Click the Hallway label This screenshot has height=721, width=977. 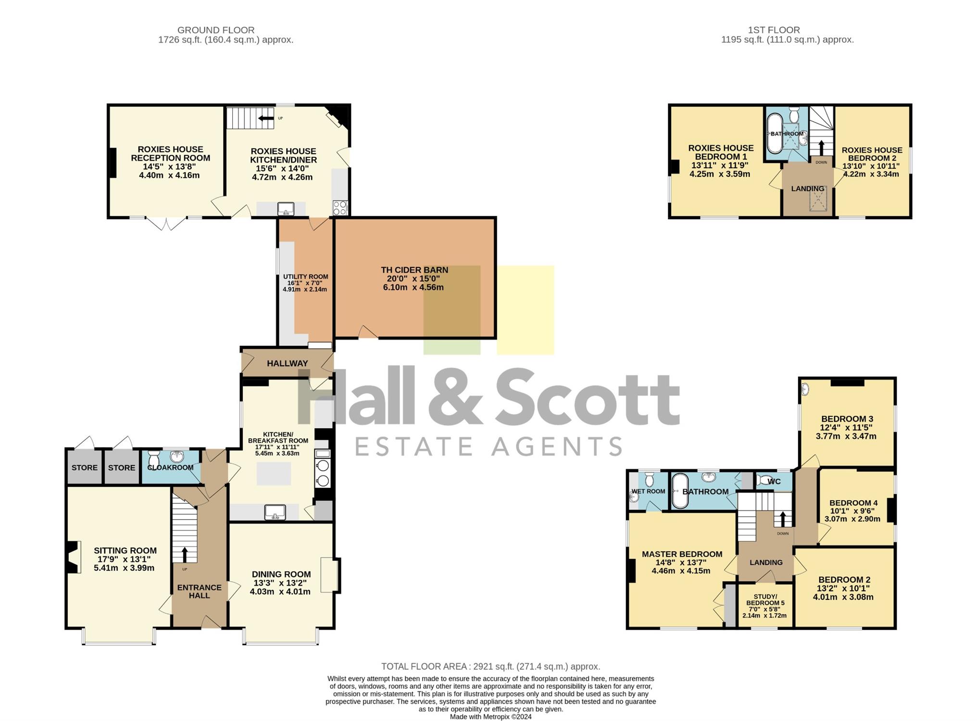point(288,363)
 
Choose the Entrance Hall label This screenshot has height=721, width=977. point(200,591)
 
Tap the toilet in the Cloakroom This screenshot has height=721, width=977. point(154,459)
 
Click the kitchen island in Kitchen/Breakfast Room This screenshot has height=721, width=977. point(274,473)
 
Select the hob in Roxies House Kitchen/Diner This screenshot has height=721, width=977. point(340,208)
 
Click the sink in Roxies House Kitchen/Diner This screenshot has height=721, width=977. point(286,209)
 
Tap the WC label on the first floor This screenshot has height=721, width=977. point(774,482)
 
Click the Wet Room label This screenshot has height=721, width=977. point(648,491)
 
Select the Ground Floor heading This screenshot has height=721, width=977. point(216,30)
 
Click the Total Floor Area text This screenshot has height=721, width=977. point(490,666)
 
